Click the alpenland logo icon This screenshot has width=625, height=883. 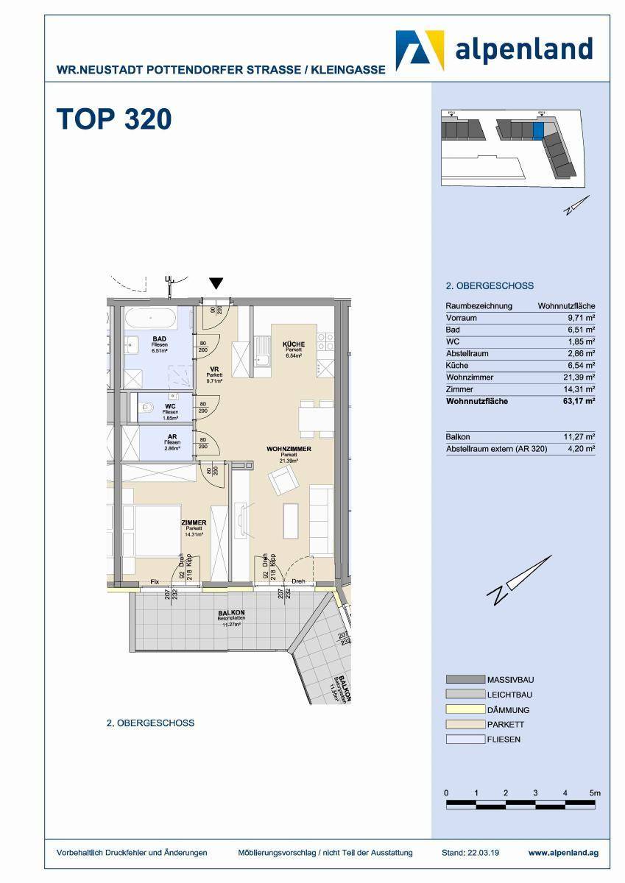point(420,50)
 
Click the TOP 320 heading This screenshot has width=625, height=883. point(114,119)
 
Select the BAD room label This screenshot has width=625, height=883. point(156,338)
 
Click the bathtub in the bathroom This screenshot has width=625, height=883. point(151,319)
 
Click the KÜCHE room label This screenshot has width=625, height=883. point(293,344)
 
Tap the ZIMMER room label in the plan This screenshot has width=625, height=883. point(194,523)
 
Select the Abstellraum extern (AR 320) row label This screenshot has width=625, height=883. point(496,448)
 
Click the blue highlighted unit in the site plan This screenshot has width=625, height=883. point(537,130)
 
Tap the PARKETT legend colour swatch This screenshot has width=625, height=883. point(465,724)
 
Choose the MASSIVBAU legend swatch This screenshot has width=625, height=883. point(465,679)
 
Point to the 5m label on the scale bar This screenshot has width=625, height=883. point(595,793)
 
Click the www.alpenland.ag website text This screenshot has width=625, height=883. point(563,853)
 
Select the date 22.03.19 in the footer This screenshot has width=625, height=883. point(483,853)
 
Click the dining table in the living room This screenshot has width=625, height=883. point(317,419)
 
